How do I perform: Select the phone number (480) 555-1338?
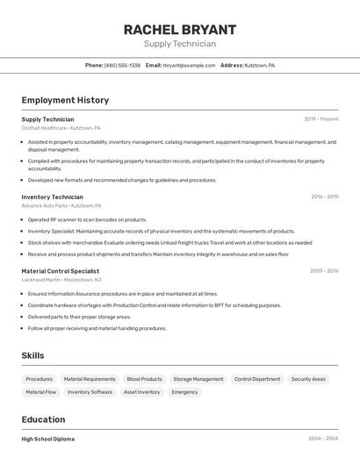[122, 65]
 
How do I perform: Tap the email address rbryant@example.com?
[188, 65]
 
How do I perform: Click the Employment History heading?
[65, 100]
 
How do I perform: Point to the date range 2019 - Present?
[320, 118]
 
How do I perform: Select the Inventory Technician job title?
[52, 197]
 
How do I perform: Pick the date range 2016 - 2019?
[324, 197]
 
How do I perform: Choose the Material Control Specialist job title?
[60, 271]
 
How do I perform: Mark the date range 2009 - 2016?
[324, 271]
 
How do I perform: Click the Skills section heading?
[33, 354]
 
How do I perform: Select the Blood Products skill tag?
[144, 379]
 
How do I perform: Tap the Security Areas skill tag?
[308, 379]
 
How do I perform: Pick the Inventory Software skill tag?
[90, 392]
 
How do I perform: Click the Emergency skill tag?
[184, 392]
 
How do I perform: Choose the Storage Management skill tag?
[198, 379]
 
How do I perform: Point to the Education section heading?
[43, 419]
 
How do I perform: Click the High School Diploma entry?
[47, 439]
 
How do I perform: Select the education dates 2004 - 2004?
[323, 439]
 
